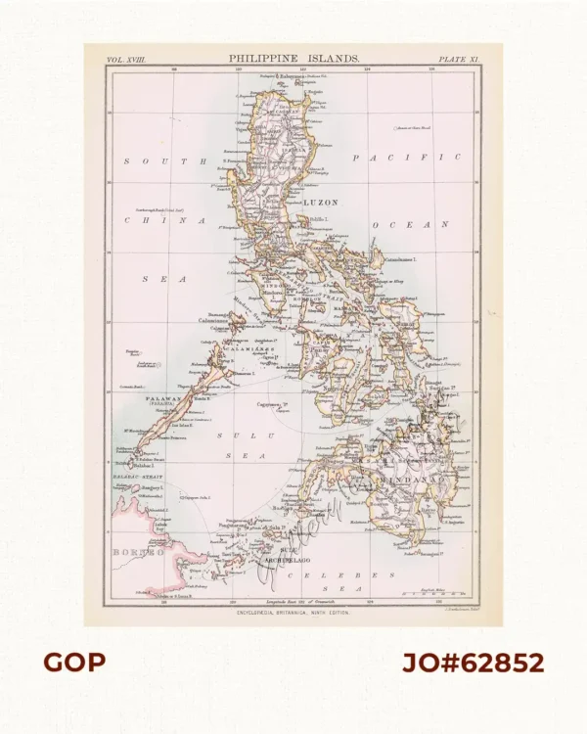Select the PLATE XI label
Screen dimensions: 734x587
[x=456, y=61]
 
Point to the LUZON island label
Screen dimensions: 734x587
[x=322, y=202]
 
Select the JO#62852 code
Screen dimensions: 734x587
[x=474, y=663]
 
